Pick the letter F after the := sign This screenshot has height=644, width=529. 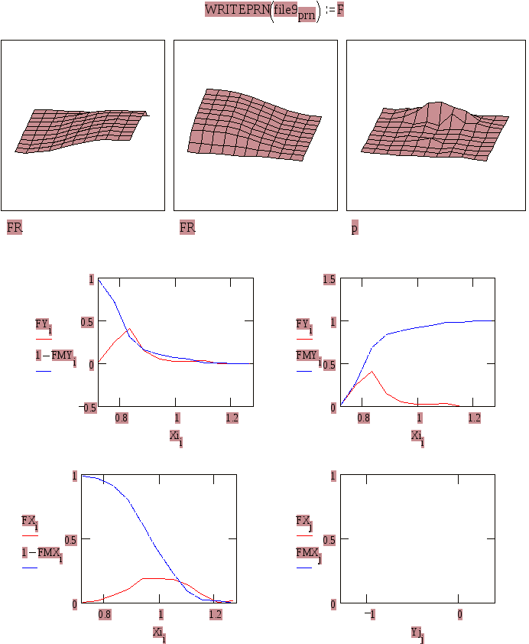341,11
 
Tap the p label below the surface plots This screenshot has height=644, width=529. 355,228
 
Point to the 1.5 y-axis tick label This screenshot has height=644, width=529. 329,280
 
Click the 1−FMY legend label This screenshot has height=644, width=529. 55,356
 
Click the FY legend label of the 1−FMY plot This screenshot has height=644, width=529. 44,324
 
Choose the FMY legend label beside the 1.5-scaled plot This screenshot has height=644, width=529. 308,356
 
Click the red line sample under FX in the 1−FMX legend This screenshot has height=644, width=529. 31,535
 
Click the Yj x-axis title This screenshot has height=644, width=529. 417,633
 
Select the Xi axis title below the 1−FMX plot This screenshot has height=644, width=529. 159,633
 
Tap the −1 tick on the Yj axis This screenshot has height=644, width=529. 372,614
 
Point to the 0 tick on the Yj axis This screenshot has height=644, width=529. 459,614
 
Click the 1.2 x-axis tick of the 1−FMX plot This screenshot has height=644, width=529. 216,614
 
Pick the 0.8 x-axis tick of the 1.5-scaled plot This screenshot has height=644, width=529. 363,418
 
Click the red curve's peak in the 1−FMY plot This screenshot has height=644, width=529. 129,329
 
